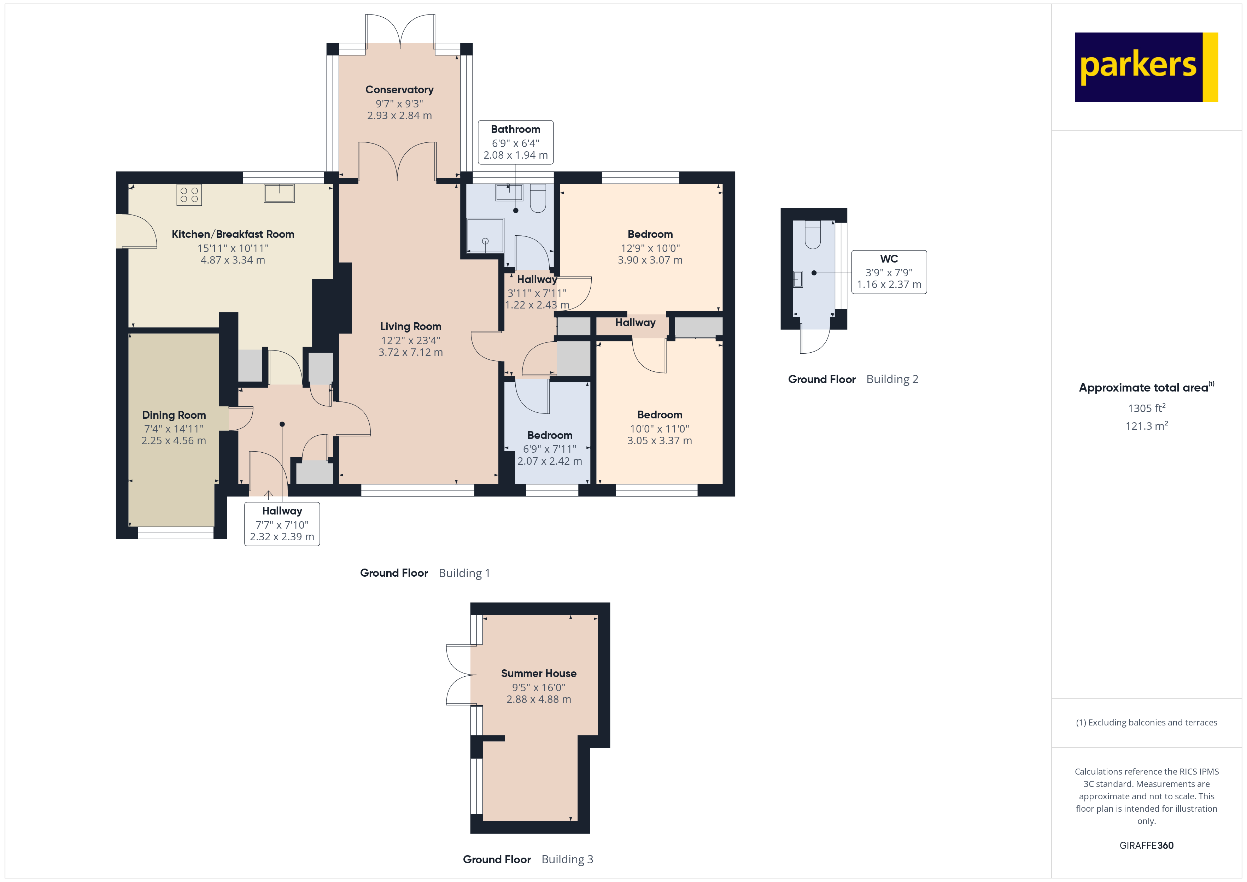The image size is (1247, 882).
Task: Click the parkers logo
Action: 1146,67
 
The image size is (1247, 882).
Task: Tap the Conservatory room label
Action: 399,90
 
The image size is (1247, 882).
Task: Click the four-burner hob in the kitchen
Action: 189,195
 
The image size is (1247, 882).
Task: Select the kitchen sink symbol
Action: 279,193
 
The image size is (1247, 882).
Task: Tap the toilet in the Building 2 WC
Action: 813,235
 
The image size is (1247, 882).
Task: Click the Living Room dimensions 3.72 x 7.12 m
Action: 411,352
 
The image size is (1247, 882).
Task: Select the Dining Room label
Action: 174,415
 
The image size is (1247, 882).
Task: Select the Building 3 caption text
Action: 567,859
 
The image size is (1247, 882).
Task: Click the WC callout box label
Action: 889,259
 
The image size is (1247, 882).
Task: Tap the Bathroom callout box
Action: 515,142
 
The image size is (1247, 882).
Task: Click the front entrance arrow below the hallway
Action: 268,495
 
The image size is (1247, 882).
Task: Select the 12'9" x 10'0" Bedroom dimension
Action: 650,248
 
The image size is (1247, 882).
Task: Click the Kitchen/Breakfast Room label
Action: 233,234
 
